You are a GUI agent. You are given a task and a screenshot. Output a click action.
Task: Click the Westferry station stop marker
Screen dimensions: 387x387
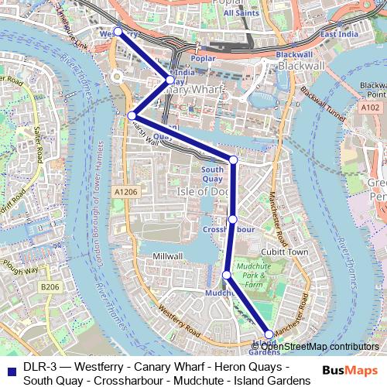118,32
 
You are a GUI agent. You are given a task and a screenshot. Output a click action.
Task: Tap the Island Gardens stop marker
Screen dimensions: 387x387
269,334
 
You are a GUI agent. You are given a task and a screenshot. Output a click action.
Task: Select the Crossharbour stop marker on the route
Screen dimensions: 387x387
232,220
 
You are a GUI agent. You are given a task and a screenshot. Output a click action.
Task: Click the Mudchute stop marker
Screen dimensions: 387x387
226,275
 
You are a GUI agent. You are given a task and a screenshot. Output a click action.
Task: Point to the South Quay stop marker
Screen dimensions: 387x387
233,160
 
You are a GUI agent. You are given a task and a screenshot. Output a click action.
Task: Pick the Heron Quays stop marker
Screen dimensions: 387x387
132,115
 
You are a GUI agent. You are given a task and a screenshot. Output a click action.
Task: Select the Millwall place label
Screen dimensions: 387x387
168,256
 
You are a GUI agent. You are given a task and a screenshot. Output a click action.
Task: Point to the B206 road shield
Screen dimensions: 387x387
50,287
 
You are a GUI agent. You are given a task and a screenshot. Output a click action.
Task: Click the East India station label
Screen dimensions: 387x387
338,35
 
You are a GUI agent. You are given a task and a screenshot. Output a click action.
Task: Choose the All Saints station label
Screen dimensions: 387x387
240,13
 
